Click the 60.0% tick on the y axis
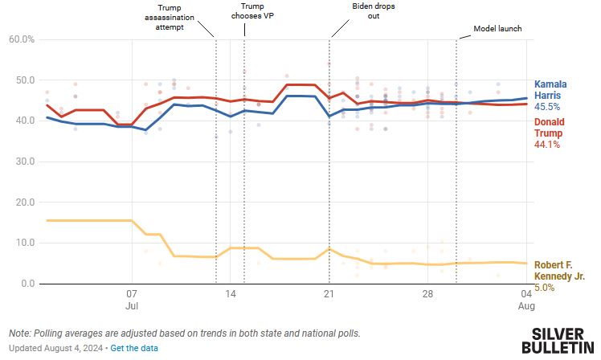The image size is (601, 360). click(x=22, y=39)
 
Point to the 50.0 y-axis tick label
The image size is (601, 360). click(x=24, y=80)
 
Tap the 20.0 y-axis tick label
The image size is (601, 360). click(x=24, y=202)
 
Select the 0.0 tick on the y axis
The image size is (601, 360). click(x=27, y=284)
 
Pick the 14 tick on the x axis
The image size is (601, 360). click(x=230, y=295)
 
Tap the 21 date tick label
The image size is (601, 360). click(x=328, y=295)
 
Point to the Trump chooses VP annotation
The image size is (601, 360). click(x=248, y=10)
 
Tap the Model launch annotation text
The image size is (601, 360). click(x=497, y=29)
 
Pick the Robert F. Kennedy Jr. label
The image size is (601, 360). click(x=559, y=270)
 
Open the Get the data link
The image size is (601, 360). click(x=134, y=348)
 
